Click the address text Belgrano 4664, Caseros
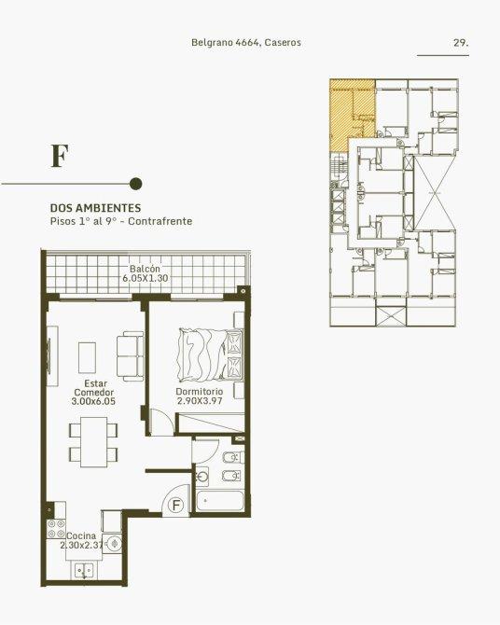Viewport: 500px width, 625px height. tap(246, 42)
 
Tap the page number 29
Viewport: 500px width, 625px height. tap(461, 42)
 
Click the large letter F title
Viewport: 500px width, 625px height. tap(60, 156)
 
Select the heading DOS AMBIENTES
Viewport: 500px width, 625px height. tap(96, 208)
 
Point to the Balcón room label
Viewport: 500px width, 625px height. tap(145, 269)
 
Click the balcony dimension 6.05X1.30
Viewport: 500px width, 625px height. tap(146, 278)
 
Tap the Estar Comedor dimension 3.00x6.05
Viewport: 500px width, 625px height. tap(93, 401)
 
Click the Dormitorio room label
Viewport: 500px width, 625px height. tap(199, 392)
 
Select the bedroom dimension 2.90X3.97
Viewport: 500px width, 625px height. tap(200, 400)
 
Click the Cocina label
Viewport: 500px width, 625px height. tap(81, 535)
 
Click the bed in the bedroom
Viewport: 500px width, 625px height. tap(210, 354)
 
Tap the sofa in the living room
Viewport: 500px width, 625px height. tap(130, 356)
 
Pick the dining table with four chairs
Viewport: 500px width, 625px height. tap(93, 442)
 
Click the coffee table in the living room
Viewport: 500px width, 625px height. tap(87, 357)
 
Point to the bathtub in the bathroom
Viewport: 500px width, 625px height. tap(220, 501)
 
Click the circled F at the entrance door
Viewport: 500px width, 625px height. tap(175, 506)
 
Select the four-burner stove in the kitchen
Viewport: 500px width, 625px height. tap(56, 529)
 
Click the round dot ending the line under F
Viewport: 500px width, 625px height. tap(136, 184)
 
